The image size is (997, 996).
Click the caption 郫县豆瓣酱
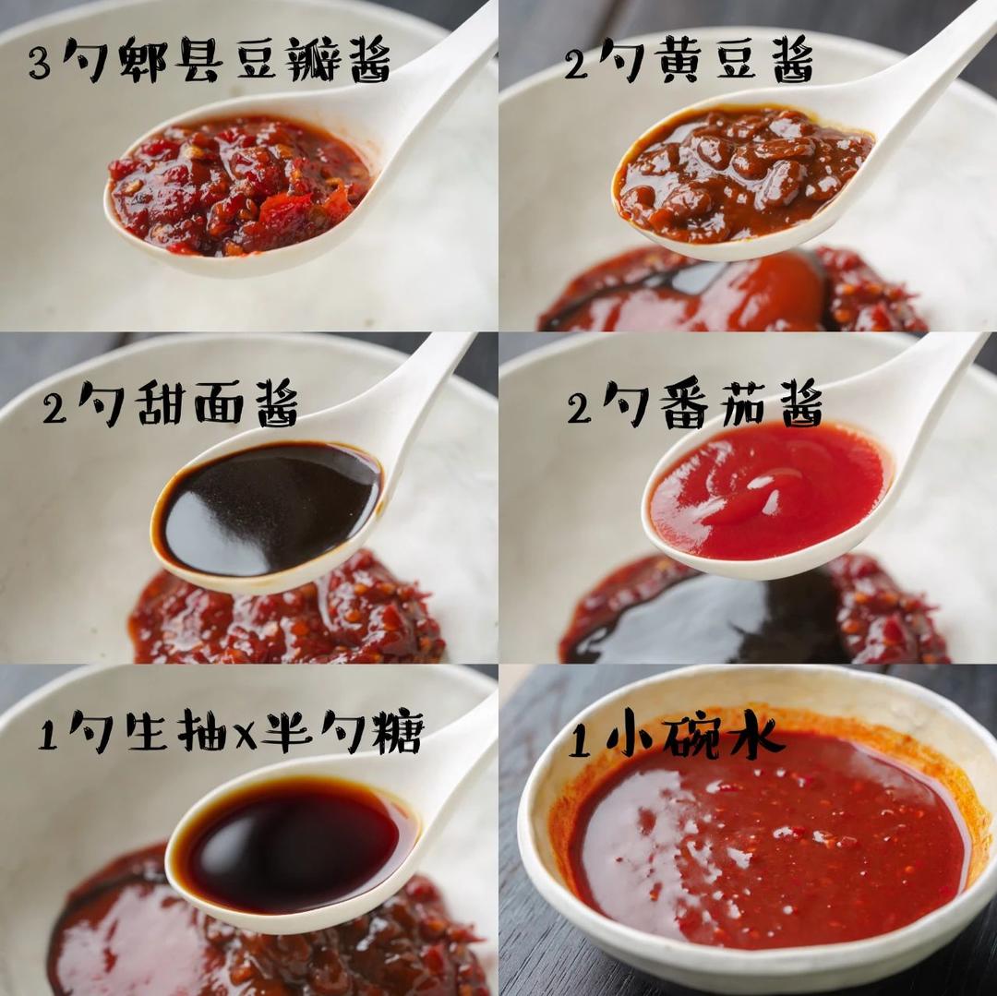(x=254, y=61)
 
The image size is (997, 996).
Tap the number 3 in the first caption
(x=39, y=63)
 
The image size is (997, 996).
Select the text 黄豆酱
(x=734, y=61)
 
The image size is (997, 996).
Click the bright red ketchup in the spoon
(x=766, y=489)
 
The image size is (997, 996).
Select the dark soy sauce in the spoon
(x=295, y=845)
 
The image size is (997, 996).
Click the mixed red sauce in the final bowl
(x=766, y=849)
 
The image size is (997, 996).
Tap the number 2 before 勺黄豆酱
(x=576, y=63)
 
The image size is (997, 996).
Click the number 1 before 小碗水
(x=579, y=739)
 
